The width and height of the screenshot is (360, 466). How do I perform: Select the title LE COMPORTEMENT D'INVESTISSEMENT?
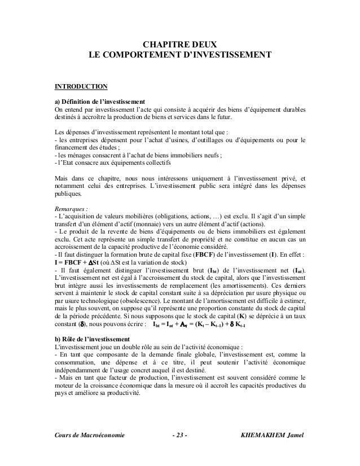point(180,56)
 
